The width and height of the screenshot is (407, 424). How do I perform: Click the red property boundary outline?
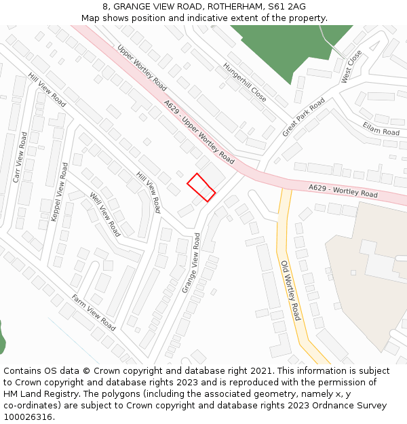click(201, 187)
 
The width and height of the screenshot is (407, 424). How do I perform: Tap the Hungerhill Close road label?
click(245, 83)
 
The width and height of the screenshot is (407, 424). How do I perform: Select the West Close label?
click(351, 66)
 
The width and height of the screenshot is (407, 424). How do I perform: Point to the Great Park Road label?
click(303, 117)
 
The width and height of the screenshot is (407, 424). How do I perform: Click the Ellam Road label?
click(381, 128)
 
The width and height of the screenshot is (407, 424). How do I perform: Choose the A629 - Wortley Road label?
click(343, 191)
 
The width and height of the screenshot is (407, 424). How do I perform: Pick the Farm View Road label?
click(94, 312)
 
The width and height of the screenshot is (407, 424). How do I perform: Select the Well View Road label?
click(105, 214)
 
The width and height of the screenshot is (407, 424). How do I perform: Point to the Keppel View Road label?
click(60, 192)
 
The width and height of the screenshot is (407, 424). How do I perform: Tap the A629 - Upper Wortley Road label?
click(199, 132)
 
